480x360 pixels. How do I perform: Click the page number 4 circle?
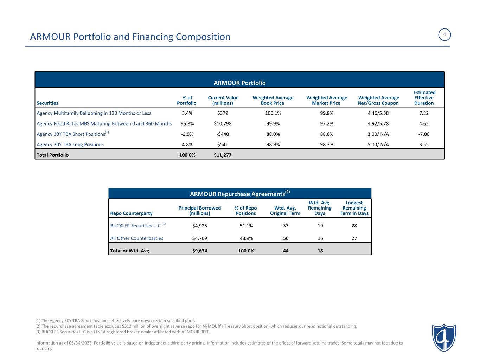[444, 35]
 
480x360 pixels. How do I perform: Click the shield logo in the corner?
[444, 337]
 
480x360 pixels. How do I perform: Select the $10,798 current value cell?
[223, 124]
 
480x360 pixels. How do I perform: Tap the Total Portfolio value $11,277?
[223, 155]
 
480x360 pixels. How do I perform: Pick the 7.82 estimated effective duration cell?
[423, 113]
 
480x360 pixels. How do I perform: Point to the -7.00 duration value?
[423, 134]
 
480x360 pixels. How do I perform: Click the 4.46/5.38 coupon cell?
[378, 113]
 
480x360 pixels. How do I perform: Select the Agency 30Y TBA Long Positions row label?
[70, 144]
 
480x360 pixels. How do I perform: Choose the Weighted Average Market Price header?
[326, 100]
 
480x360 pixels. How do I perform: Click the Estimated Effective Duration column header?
[424, 98]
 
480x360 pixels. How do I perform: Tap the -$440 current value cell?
[223, 134]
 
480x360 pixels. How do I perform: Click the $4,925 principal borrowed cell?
[199, 225]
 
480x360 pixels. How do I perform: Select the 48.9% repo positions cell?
[245, 238]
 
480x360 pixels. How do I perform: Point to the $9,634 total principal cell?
[199, 251]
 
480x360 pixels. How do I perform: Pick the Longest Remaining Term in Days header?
[354, 208]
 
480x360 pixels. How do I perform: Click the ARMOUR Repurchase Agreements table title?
[240, 194]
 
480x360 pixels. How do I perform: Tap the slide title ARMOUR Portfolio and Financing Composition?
[130, 37]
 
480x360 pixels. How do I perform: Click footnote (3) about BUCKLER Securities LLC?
[122, 332]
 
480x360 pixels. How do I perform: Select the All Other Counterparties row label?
[137, 238]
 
